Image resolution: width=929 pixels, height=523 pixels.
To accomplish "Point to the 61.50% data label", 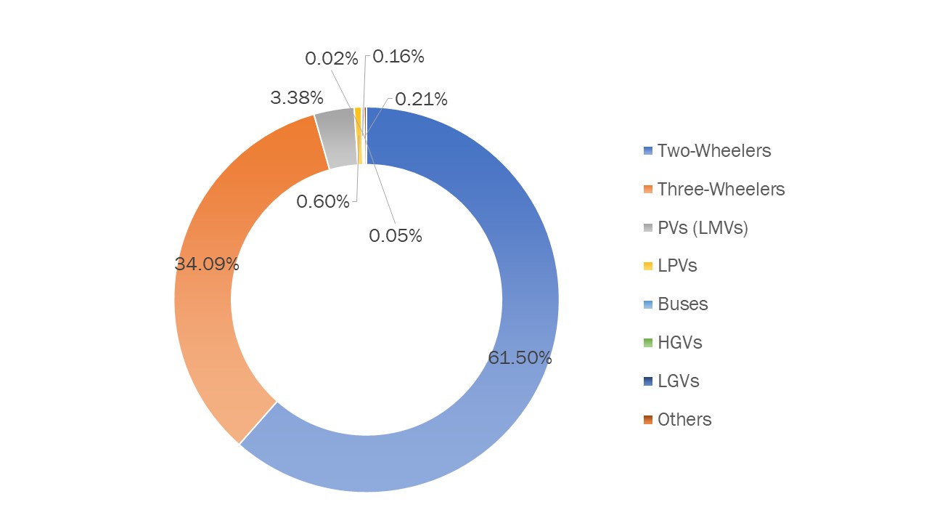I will [520, 357].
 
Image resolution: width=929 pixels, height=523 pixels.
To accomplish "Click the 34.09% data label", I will [207, 264].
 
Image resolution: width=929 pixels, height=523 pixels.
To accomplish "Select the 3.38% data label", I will [296, 97].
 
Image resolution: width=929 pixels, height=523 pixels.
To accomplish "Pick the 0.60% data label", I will [323, 201].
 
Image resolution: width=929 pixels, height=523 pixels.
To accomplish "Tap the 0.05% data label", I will [396, 235].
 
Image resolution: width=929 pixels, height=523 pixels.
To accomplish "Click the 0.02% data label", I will [332, 58].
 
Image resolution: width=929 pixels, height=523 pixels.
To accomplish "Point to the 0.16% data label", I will [398, 56].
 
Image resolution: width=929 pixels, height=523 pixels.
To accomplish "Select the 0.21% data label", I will [421, 99].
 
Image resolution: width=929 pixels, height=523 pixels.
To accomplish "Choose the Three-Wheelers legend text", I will [721, 189].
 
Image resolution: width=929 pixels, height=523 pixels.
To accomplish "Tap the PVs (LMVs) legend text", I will [703, 227].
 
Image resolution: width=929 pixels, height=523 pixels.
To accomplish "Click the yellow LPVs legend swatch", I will [648, 266].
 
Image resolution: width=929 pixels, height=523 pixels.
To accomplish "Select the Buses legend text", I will [682, 304].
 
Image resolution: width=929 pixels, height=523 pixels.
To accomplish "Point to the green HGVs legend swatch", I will [648, 343].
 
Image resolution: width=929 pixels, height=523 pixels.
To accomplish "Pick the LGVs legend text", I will [678, 381].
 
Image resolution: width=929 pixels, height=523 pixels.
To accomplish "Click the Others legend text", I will [684, 419].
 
